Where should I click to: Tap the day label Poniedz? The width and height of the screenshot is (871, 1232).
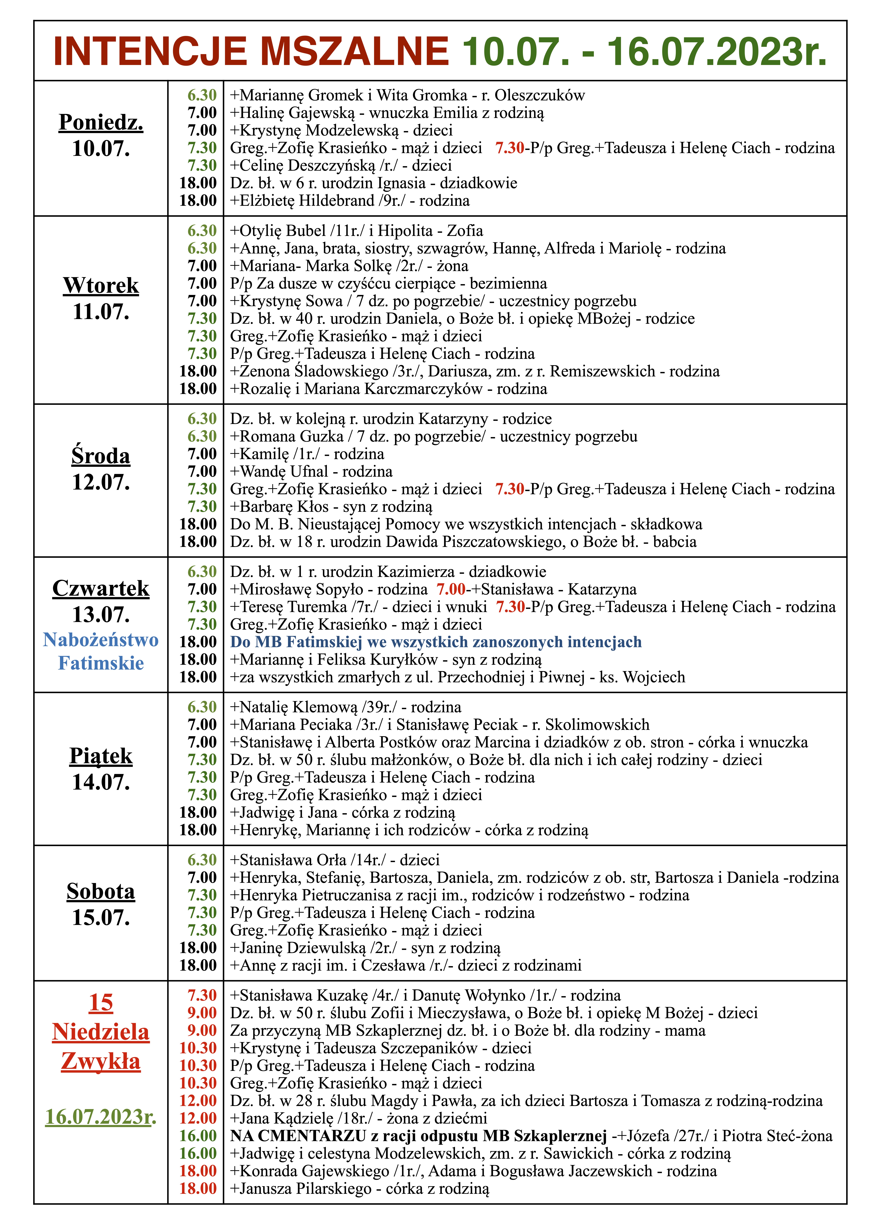coord(101,122)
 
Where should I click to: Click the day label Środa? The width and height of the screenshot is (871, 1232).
coord(101,456)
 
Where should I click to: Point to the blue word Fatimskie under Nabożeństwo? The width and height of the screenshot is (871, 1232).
coord(101,663)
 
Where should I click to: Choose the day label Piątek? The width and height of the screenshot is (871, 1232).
coord(101,756)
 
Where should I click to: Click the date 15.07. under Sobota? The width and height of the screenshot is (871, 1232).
coord(101,918)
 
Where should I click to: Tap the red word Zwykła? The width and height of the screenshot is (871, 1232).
coord(101,1061)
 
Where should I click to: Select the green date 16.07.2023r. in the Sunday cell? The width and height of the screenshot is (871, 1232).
coord(101,1117)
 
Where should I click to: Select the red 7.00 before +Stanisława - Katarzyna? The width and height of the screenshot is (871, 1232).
coord(451,589)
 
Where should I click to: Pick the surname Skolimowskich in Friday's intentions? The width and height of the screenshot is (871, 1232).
coord(597,725)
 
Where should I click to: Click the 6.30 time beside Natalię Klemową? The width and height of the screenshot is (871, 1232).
coord(202,707)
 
